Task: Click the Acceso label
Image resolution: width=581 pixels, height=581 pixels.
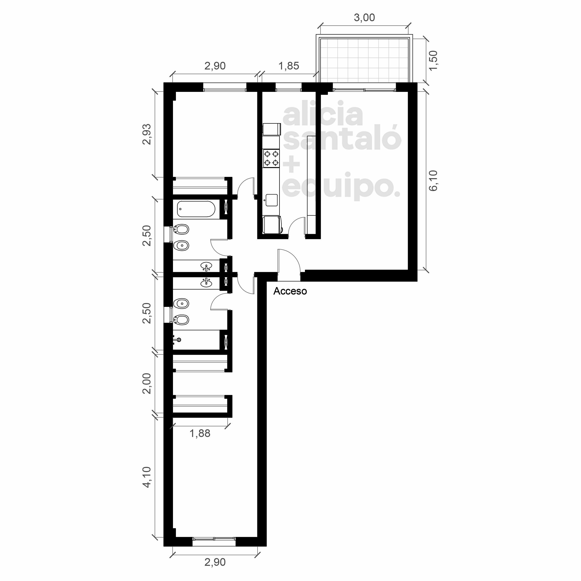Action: [x=290, y=291]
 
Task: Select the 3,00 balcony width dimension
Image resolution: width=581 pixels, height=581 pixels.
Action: [x=364, y=18]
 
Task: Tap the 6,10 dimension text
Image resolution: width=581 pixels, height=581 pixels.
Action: [x=433, y=181]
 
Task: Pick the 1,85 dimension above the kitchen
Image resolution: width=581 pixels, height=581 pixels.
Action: [x=289, y=66]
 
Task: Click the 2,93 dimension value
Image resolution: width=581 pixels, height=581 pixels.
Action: [x=147, y=134]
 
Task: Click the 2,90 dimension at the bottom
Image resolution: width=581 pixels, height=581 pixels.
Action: [x=215, y=562]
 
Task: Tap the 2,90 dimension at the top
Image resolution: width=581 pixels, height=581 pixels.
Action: [x=215, y=66]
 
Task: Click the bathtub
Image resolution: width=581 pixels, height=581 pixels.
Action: [x=196, y=209]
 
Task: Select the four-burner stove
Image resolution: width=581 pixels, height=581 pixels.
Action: [x=271, y=159]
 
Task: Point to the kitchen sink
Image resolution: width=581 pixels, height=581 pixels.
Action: [x=271, y=200]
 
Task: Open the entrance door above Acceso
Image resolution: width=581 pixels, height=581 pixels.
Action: [x=289, y=261]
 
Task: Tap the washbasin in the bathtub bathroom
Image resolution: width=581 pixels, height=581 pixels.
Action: [x=206, y=266]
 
